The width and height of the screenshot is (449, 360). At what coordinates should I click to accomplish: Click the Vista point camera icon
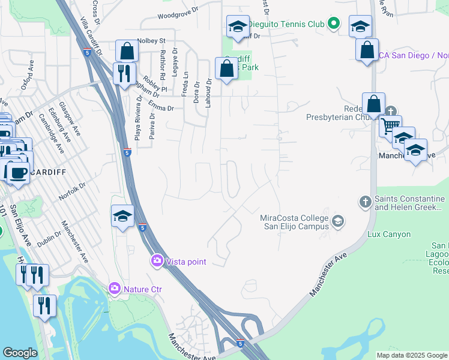click(157, 261)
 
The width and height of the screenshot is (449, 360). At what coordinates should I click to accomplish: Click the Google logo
click(20, 353)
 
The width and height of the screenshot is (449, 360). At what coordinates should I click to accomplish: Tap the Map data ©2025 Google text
click(411, 355)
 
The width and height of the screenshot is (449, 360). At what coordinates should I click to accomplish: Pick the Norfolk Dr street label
click(73, 193)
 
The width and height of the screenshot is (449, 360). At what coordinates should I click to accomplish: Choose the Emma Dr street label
click(161, 109)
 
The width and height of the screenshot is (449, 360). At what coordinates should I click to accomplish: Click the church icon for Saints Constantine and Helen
click(365, 202)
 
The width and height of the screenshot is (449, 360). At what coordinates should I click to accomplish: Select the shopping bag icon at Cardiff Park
click(227, 68)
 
